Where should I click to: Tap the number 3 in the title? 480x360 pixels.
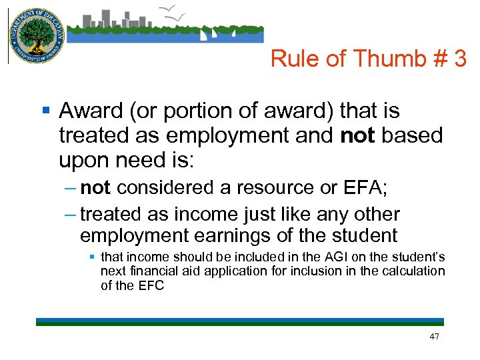coord(459,59)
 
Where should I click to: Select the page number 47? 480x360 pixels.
coord(435,337)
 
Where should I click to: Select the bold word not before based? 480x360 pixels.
coord(357,135)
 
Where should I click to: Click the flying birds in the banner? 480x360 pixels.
coord(174,11)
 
